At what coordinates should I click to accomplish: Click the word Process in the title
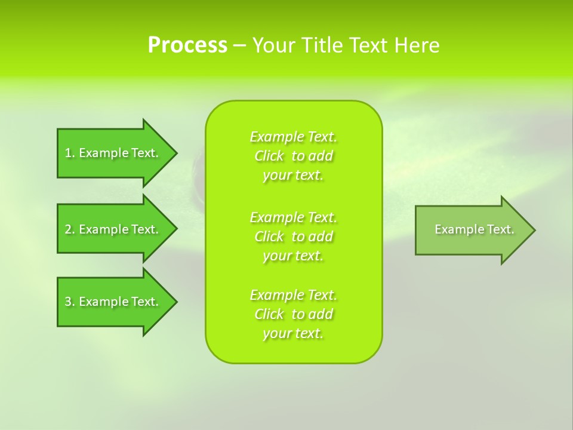coord(187,45)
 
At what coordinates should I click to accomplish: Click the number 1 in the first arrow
coord(68,153)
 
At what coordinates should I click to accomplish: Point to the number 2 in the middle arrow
coord(68,229)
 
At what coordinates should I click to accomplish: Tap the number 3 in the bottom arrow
coord(68,302)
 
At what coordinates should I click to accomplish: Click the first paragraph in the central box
coord(294,156)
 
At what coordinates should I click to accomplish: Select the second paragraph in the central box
coord(294,236)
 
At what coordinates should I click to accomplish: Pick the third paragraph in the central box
coord(294,314)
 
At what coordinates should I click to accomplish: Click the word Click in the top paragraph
coord(269,156)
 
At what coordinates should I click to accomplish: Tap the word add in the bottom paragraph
coord(321,314)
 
